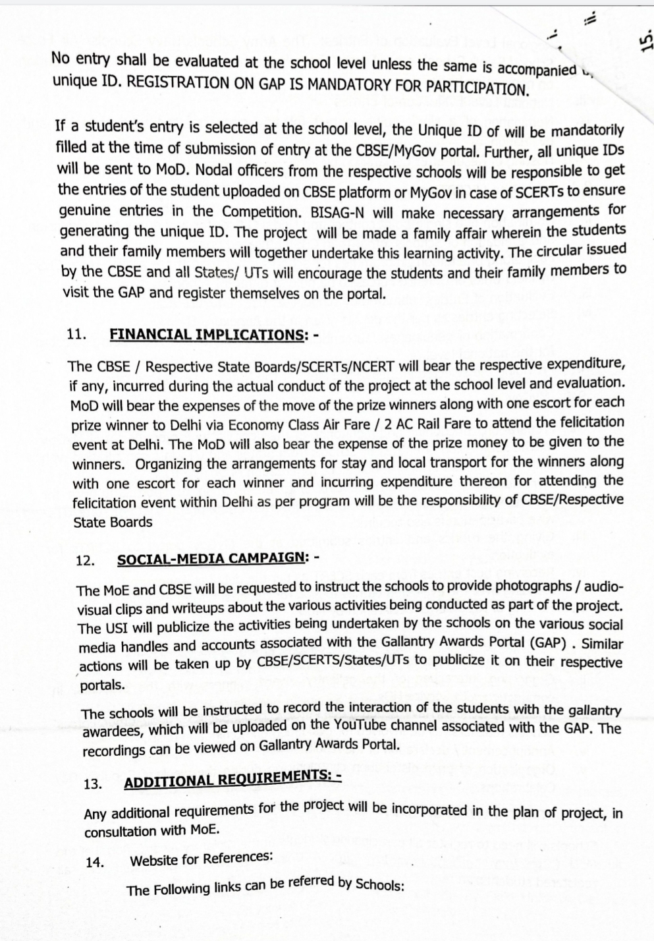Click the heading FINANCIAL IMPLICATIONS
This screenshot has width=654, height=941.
coord(206,334)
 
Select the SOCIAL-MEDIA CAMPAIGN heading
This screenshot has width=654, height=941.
coord(211,559)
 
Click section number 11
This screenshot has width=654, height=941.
coord(77,333)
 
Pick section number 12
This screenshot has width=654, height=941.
coord(86,561)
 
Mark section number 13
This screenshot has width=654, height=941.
coord(94,784)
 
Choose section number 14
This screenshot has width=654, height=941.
coord(95,862)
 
